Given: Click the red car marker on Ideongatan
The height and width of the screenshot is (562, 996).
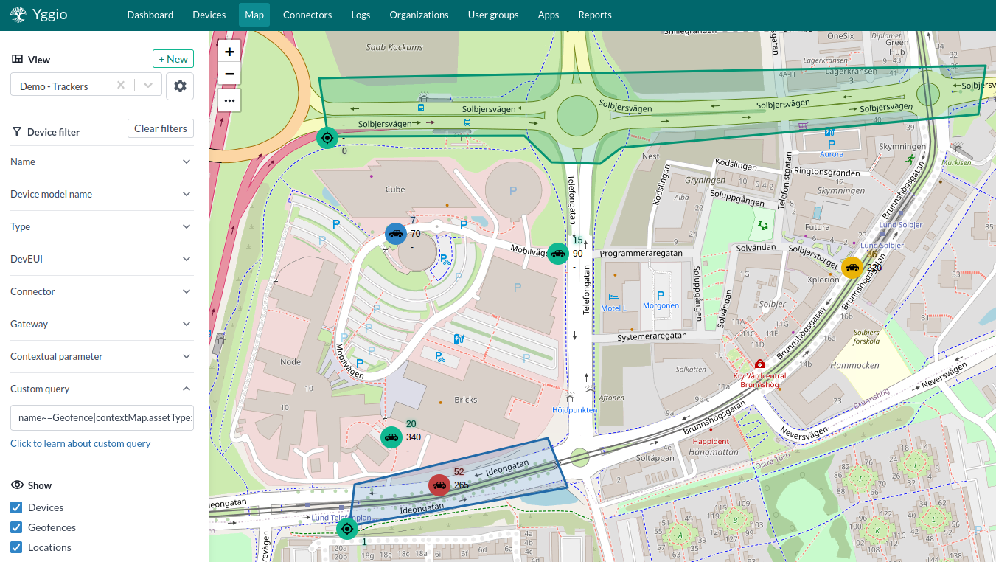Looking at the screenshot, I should [439, 485].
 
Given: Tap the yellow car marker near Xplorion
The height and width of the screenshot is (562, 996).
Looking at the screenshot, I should [852, 268].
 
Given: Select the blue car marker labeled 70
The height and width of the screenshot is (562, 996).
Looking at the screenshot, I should [396, 234].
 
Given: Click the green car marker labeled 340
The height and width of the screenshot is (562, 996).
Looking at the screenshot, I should [391, 437].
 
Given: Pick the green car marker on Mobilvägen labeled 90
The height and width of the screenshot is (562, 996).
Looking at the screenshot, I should [558, 254].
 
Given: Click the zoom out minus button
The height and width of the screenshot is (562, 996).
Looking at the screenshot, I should [229, 74].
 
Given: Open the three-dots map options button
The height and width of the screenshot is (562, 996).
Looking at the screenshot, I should [229, 100].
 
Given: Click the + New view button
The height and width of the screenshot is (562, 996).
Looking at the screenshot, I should [173, 59].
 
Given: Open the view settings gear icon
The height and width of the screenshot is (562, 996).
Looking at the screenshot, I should [180, 86].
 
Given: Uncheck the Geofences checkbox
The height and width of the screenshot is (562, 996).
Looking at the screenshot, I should [16, 527].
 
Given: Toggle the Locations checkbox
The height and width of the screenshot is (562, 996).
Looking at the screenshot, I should [16, 547].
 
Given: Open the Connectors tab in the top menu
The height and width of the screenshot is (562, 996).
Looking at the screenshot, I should [307, 15].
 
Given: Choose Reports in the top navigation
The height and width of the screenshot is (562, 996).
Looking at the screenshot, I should [594, 15].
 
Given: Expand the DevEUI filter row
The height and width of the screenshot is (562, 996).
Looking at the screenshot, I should [101, 259].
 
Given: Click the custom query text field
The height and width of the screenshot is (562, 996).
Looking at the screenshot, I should [102, 417].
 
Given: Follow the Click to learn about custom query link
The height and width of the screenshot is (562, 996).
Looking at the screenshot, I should [80, 443].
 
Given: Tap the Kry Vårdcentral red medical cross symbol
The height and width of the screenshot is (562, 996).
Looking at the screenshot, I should [759, 364].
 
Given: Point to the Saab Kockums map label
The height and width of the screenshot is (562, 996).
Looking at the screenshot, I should [394, 47].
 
